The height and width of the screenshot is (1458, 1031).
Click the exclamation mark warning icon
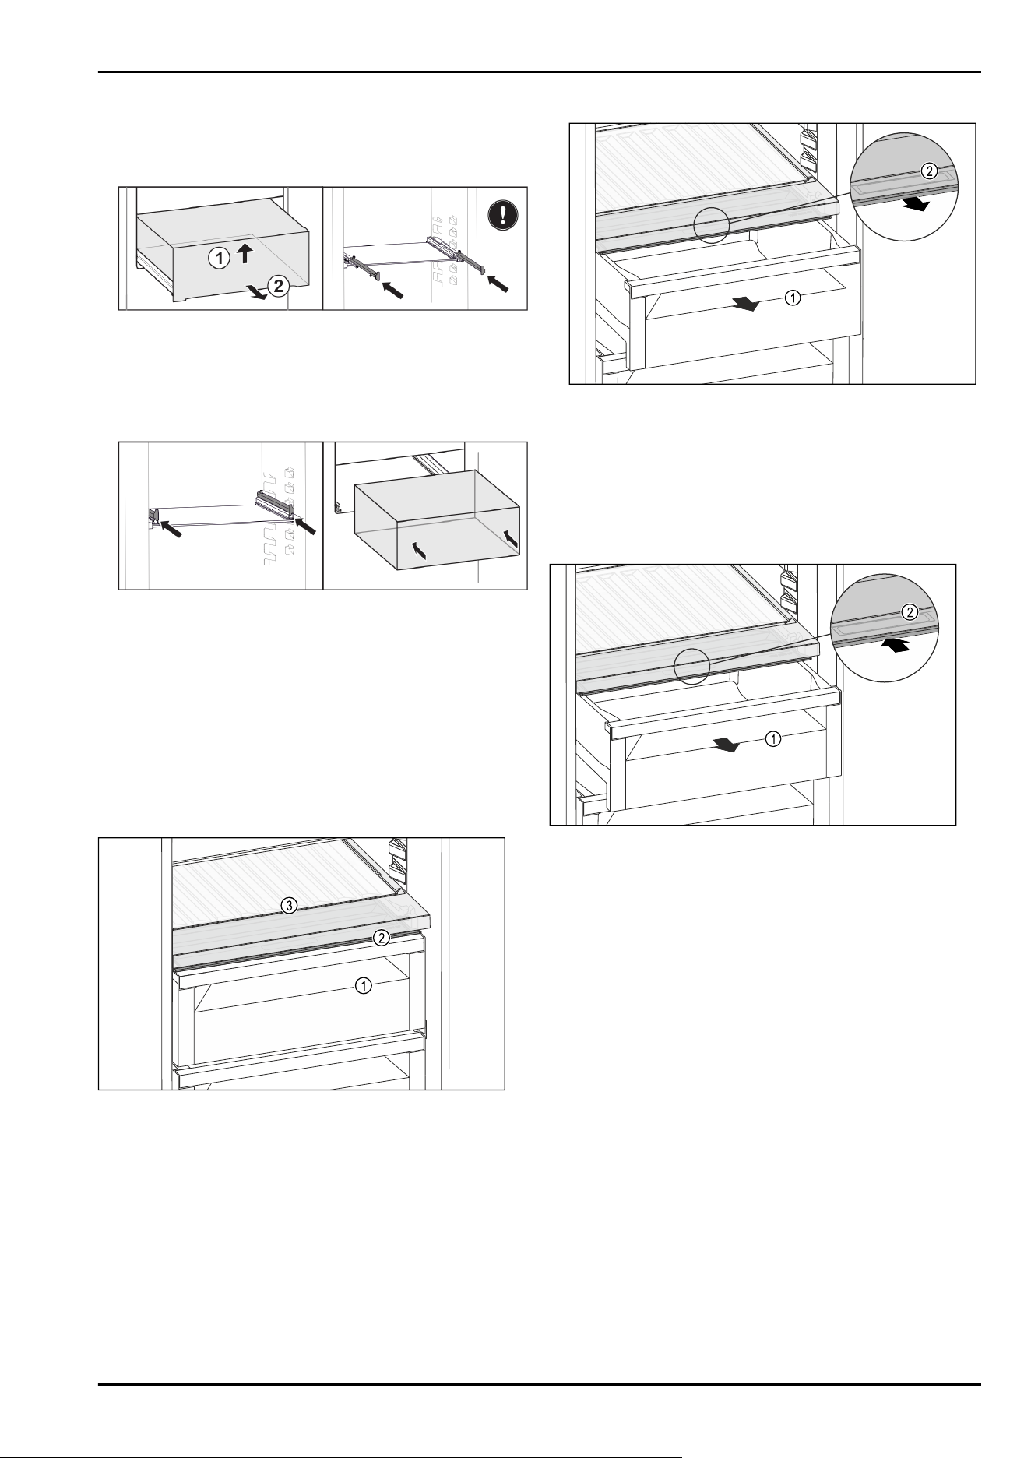click(501, 215)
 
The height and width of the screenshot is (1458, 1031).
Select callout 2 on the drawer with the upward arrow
click(277, 286)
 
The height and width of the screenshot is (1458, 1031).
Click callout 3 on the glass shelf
click(288, 905)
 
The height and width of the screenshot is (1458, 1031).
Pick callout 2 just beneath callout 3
click(380, 938)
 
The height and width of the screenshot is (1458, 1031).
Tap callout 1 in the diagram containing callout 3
click(363, 986)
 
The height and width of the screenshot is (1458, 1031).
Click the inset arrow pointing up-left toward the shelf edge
click(898, 646)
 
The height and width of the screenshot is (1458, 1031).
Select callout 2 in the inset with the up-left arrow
click(909, 611)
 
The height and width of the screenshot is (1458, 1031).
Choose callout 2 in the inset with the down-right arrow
click(929, 172)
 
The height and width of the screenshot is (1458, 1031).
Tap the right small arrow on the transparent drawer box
click(510, 537)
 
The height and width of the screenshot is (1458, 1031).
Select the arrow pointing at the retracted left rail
click(171, 527)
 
